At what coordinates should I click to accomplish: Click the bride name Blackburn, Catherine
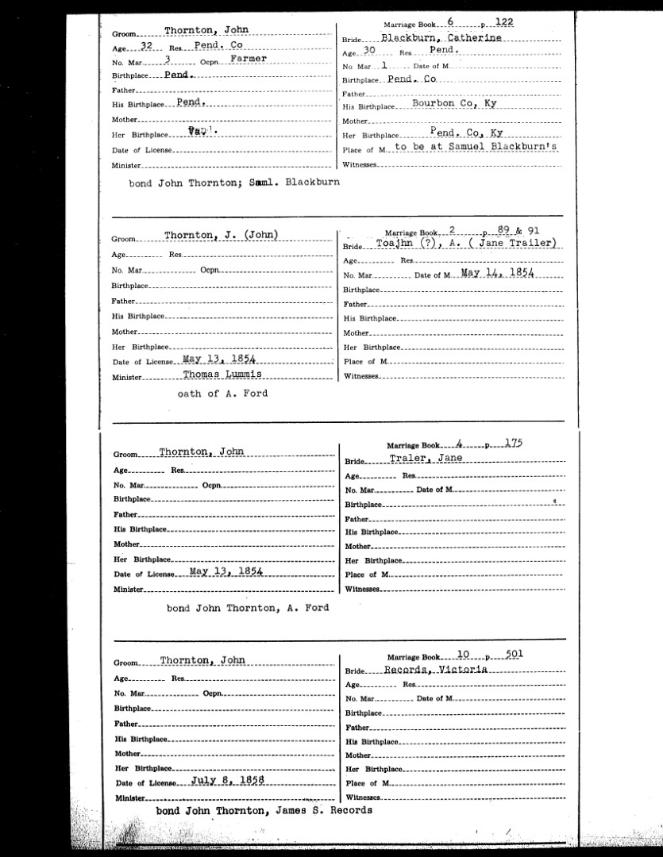tap(441, 38)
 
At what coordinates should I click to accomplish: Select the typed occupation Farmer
tap(248, 60)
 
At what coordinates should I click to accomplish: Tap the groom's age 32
tap(146, 46)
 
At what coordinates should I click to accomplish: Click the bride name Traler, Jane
tap(426, 459)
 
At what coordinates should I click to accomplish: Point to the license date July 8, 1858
tap(226, 781)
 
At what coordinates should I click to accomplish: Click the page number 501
tap(512, 655)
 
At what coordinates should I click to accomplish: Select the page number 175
tap(511, 444)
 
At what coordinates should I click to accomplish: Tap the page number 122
tap(503, 23)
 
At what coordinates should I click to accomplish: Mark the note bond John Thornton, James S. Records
tap(264, 811)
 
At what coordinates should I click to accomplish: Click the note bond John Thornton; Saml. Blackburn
tap(234, 182)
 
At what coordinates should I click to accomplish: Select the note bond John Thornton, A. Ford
tap(248, 608)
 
